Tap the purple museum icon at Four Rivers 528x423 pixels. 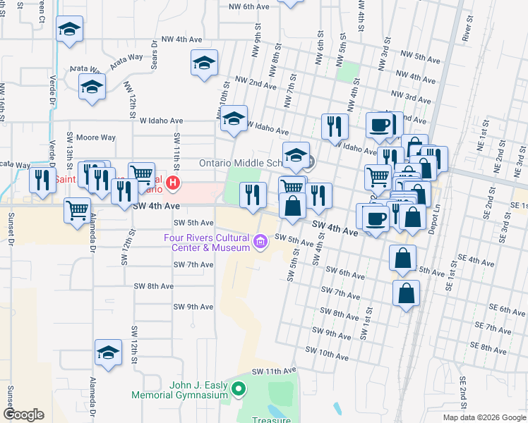[x=261, y=243]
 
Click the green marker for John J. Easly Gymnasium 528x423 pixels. [x=239, y=388]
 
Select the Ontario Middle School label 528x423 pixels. [x=241, y=162]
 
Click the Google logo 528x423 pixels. [x=24, y=414]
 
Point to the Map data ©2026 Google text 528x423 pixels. [x=484, y=417]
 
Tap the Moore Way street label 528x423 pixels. [x=96, y=137]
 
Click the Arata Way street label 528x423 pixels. [x=84, y=68]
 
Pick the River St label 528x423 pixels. [x=467, y=29]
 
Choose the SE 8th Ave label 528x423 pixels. [x=493, y=348]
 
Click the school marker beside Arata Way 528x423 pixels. [x=92, y=88]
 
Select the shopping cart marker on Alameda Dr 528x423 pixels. [x=77, y=209]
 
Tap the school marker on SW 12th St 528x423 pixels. [x=108, y=352]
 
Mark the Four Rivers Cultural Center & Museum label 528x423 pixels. [x=208, y=243]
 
